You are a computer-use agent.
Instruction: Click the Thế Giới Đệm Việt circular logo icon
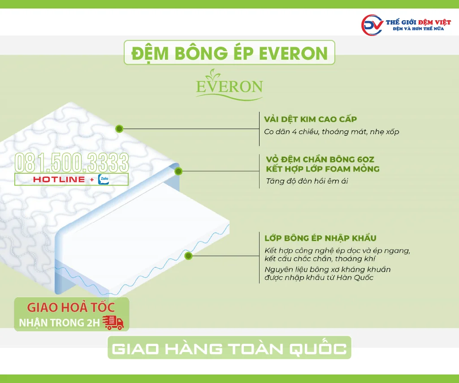[x=372, y=25]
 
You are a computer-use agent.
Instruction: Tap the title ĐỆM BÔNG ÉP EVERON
[x=229, y=53]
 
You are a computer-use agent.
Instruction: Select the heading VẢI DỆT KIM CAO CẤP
[x=310, y=119]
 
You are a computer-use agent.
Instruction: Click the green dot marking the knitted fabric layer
[x=119, y=129]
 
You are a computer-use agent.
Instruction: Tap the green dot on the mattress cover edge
[x=178, y=171]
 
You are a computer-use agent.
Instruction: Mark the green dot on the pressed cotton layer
[x=189, y=256]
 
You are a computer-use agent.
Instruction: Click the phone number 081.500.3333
[x=72, y=163]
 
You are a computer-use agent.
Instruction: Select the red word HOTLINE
[x=59, y=180]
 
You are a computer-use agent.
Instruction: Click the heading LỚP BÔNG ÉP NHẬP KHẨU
[x=320, y=238]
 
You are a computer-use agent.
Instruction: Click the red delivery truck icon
[x=113, y=322]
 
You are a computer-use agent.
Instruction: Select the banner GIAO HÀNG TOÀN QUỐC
[x=229, y=349]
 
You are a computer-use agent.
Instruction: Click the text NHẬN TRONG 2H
[x=59, y=323]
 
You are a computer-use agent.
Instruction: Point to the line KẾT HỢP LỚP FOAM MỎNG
[x=322, y=169]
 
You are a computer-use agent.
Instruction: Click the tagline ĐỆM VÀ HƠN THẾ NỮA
[x=418, y=29]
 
